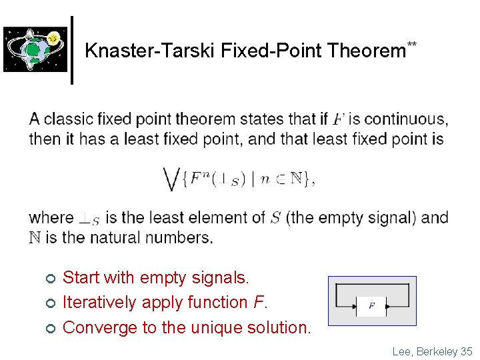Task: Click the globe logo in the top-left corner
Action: tap(35, 49)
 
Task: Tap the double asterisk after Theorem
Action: tap(412, 45)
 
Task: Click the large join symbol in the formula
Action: tap(171, 179)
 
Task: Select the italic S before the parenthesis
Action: tap(276, 218)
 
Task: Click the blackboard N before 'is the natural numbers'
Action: tap(35, 237)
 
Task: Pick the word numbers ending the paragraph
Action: tap(183, 237)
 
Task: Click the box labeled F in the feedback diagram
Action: tap(371, 307)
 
